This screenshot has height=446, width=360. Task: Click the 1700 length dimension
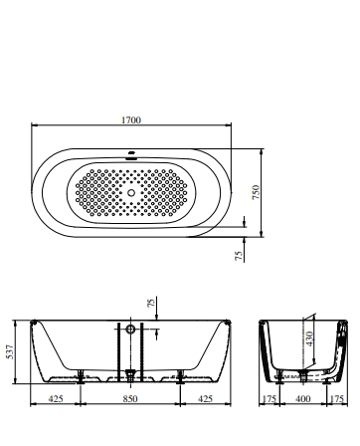tap(131, 119)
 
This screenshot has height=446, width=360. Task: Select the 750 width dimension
tap(256, 192)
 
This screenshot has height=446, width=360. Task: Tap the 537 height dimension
tap(10, 351)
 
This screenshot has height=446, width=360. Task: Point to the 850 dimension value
tap(130, 398)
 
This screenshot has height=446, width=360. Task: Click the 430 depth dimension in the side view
tap(309, 338)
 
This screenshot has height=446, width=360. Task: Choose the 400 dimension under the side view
tap(303, 398)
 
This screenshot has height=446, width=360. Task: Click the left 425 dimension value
tap(56, 398)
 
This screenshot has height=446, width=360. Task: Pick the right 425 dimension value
tap(205, 398)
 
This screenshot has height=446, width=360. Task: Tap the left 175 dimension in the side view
tap(269, 398)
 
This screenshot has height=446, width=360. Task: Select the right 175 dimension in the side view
tap(337, 398)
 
